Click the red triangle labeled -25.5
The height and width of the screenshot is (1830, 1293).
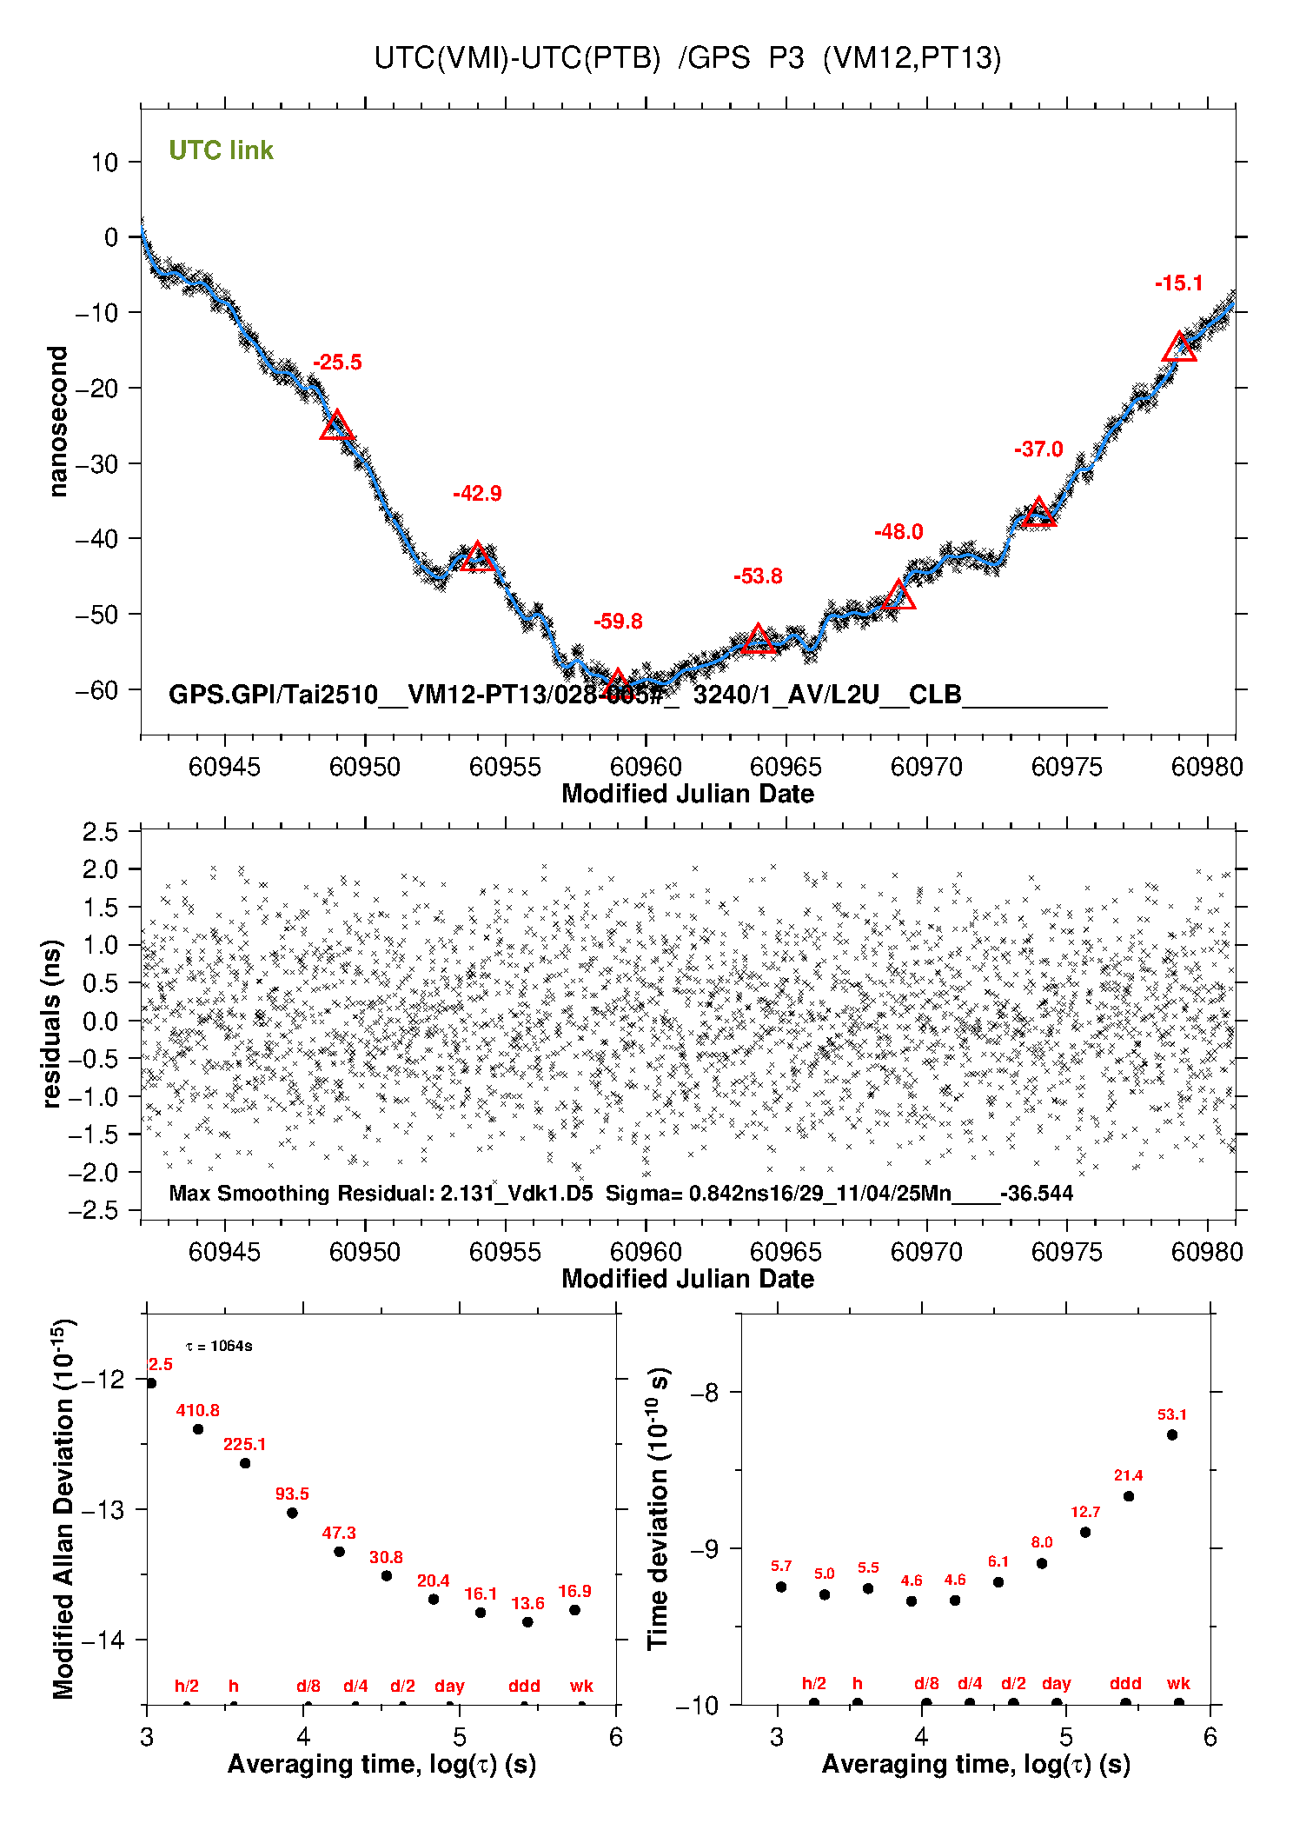[x=336, y=426]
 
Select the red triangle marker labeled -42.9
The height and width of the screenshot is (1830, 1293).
[x=477, y=557]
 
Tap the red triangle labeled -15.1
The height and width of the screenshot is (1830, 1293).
[x=1179, y=348]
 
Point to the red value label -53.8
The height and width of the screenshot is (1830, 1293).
[x=758, y=576]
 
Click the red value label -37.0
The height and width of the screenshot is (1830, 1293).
[x=1038, y=449]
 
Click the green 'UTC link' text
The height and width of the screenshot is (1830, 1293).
[x=221, y=150]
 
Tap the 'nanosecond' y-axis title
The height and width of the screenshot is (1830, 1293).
[x=58, y=422]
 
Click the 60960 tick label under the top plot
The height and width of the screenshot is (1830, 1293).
[x=646, y=767]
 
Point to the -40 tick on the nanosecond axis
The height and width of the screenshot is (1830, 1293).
[x=97, y=539]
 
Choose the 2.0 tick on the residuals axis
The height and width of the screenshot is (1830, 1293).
[x=100, y=869]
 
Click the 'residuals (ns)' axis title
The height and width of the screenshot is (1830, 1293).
[x=52, y=1023]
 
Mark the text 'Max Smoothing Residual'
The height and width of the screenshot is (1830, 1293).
[x=299, y=1193]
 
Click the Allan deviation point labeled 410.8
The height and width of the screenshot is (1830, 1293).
[x=198, y=1429]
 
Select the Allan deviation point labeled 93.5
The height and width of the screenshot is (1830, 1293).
[x=292, y=1513]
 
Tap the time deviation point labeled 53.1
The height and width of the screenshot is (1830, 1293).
[x=1172, y=1434]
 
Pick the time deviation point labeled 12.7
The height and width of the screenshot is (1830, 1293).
[x=1085, y=1532]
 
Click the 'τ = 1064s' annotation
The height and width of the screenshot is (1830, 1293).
[x=219, y=1347]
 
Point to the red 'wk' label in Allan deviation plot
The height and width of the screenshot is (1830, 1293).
[x=581, y=1686]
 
